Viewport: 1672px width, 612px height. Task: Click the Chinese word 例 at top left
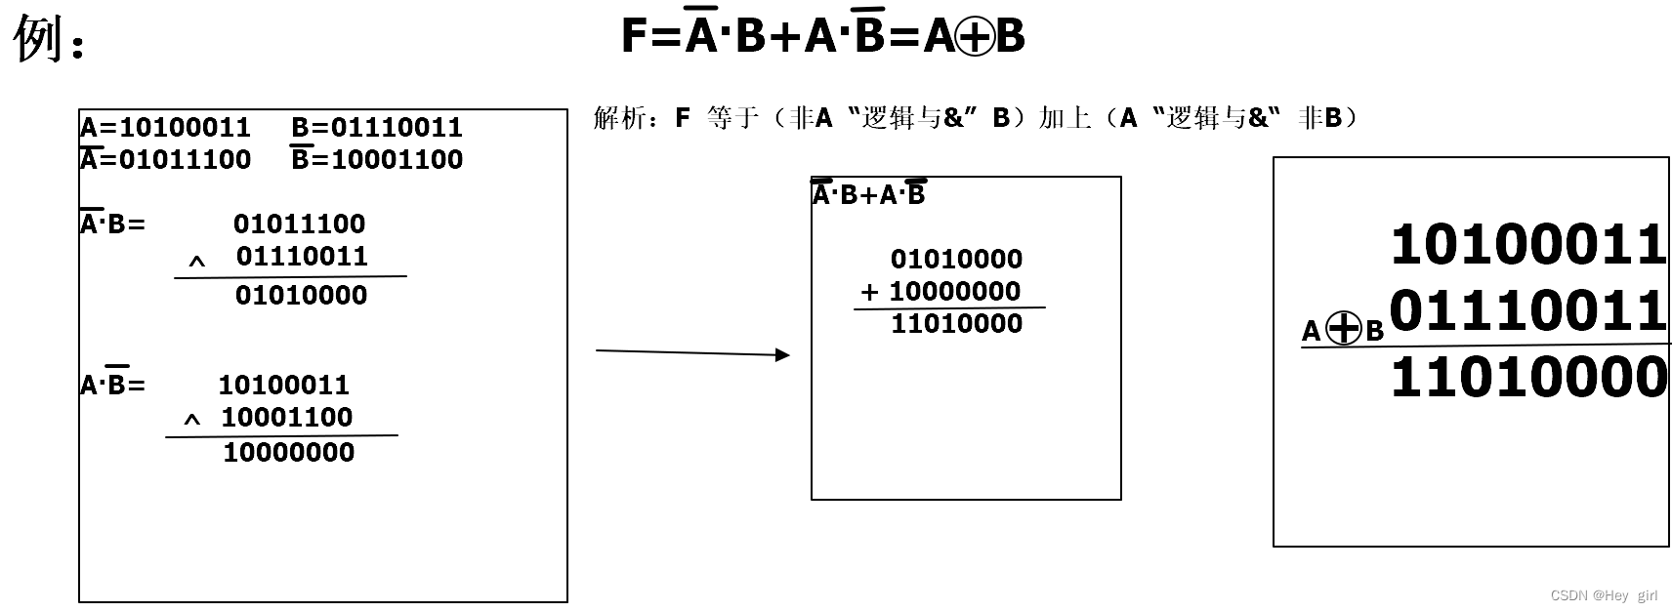[39, 39]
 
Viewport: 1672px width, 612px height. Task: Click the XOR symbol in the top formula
[975, 37]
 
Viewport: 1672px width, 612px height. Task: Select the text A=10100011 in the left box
[165, 128]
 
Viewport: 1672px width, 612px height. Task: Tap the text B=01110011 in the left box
[377, 128]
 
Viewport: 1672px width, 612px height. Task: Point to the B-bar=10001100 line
[377, 159]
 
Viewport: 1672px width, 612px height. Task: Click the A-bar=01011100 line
[165, 159]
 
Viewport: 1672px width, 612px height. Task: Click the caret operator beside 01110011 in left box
[197, 262]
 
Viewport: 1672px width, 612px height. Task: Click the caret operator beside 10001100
[192, 420]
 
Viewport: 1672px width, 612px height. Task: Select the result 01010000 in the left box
[301, 295]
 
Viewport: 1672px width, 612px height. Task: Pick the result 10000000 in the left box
[289, 452]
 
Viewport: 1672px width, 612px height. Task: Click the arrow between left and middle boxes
[692, 352]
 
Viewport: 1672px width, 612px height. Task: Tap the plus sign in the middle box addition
[869, 292]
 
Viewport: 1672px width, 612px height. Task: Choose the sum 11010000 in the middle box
[956, 324]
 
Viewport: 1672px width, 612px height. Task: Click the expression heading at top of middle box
[868, 194]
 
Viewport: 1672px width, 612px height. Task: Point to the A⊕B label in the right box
[1343, 330]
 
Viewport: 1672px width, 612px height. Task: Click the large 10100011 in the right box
[1528, 244]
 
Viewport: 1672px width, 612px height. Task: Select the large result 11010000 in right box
[1528, 377]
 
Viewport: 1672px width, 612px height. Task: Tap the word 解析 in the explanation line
[619, 118]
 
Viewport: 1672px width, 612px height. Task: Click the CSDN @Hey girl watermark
[1604, 595]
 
